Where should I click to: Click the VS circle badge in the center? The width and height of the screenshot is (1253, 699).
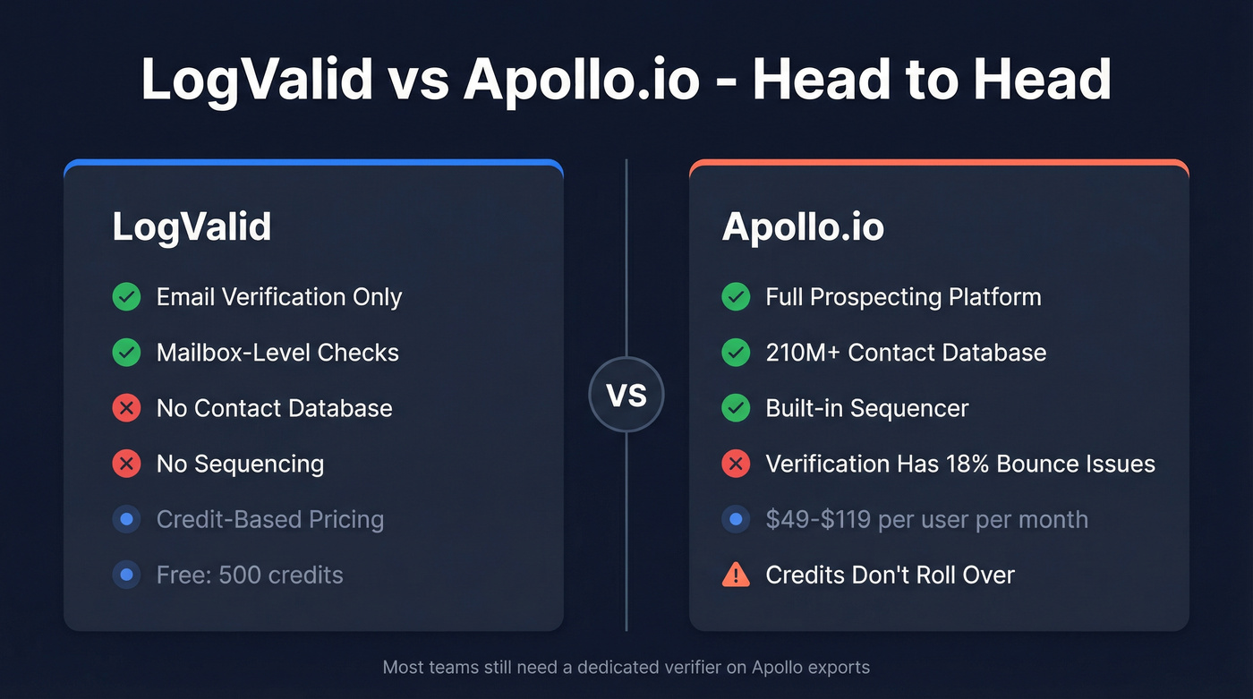(626, 395)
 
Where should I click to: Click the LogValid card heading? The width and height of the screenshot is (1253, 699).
(192, 227)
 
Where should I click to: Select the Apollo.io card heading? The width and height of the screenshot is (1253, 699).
(803, 227)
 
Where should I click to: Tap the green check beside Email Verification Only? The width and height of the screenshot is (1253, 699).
(126, 297)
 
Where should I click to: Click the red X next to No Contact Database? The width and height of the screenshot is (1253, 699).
(126, 408)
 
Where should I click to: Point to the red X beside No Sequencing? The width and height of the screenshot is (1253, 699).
(126, 464)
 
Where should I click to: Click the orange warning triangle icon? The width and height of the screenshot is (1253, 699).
(736, 575)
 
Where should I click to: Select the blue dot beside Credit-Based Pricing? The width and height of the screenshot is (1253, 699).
(126, 519)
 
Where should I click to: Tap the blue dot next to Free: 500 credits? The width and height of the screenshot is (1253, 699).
(126, 575)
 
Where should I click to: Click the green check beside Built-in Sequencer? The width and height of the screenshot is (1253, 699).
(736, 408)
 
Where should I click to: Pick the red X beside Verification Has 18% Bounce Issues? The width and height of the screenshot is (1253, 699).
(736, 464)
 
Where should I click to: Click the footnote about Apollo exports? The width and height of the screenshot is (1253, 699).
(626, 667)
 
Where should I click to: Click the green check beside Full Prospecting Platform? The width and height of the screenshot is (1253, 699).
(736, 297)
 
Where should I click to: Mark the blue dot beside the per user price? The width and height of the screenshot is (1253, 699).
(736, 519)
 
